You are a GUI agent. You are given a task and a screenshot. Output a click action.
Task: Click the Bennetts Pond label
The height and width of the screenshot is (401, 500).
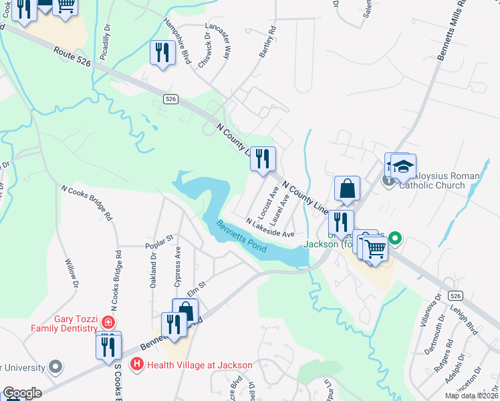pos(241,237)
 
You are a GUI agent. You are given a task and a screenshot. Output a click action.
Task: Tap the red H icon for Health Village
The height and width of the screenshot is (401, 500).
pos(137,364)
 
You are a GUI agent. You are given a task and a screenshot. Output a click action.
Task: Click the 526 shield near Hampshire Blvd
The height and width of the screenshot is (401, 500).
pos(170,99)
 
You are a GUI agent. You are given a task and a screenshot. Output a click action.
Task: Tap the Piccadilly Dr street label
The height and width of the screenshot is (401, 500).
pos(105,45)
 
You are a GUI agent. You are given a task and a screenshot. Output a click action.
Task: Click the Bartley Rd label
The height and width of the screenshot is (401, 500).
pos(267,42)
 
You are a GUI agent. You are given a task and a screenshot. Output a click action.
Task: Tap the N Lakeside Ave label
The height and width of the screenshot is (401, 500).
pos(270,228)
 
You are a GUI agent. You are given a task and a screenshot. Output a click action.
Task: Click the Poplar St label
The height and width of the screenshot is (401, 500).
pos(159,241)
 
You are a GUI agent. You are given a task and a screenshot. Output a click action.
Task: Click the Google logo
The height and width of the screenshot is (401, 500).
pos(22,393)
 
